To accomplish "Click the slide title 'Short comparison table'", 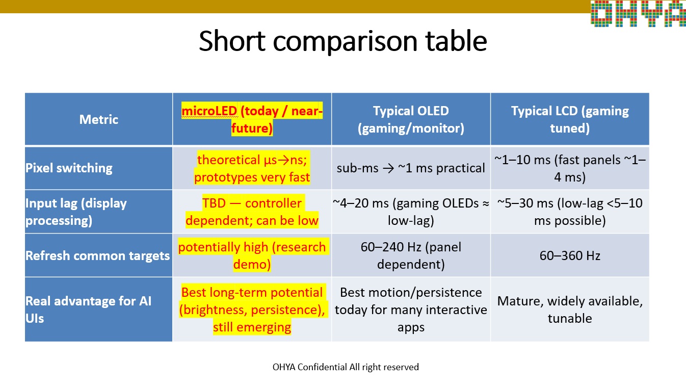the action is pyautogui.click(x=342, y=41).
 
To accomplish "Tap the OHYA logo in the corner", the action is pyautogui.click(x=638, y=13).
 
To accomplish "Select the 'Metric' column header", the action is pyautogui.click(x=98, y=119).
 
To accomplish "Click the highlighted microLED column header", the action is pyautogui.click(x=252, y=119).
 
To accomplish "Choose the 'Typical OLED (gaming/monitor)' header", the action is pyautogui.click(x=411, y=119).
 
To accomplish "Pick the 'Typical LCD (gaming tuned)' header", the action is pyautogui.click(x=570, y=119).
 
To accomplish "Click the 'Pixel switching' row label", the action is pyautogui.click(x=69, y=168).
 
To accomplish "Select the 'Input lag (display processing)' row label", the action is pyautogui.click(x=76, y=212).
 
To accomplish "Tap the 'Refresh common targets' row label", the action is pyautogui.click(x=97, y=255).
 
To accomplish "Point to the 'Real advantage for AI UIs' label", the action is pyautogui.click(x=88, y=310).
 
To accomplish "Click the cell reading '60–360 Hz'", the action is pyautogui.click(x=570, y=255).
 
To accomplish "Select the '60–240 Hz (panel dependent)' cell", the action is pyautogui.click(x=411, y=255).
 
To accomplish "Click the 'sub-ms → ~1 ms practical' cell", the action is pyautogui.click(x=411, y=168).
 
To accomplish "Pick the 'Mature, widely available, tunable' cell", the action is pyautogui.click(x=570, y=310).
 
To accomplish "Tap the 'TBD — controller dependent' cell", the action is pyautogui.click(x=252, y=212).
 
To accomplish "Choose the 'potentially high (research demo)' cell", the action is pyautogui.click(x=252, y=255).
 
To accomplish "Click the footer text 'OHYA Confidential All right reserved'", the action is pyautogui.click(x=346, y=367).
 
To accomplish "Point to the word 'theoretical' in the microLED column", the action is pyautogui.click(x=228, y=160).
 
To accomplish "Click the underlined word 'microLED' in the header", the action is pyautogui.click(x=209, y=111).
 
